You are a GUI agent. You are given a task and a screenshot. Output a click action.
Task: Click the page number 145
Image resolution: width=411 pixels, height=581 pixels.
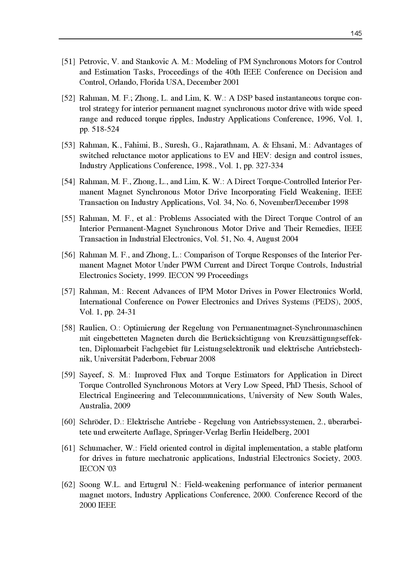(x=356, y=33)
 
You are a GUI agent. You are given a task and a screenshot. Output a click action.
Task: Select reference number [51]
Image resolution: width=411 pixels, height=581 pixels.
(x=68, y=62)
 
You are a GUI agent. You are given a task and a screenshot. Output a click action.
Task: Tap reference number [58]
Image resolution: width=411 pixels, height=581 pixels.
(x=68, y=328)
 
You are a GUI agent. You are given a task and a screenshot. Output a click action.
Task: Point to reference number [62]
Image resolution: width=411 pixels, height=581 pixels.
(x=68, y=485)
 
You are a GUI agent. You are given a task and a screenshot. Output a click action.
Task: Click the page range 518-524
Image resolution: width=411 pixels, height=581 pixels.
(x=106, y=129)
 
